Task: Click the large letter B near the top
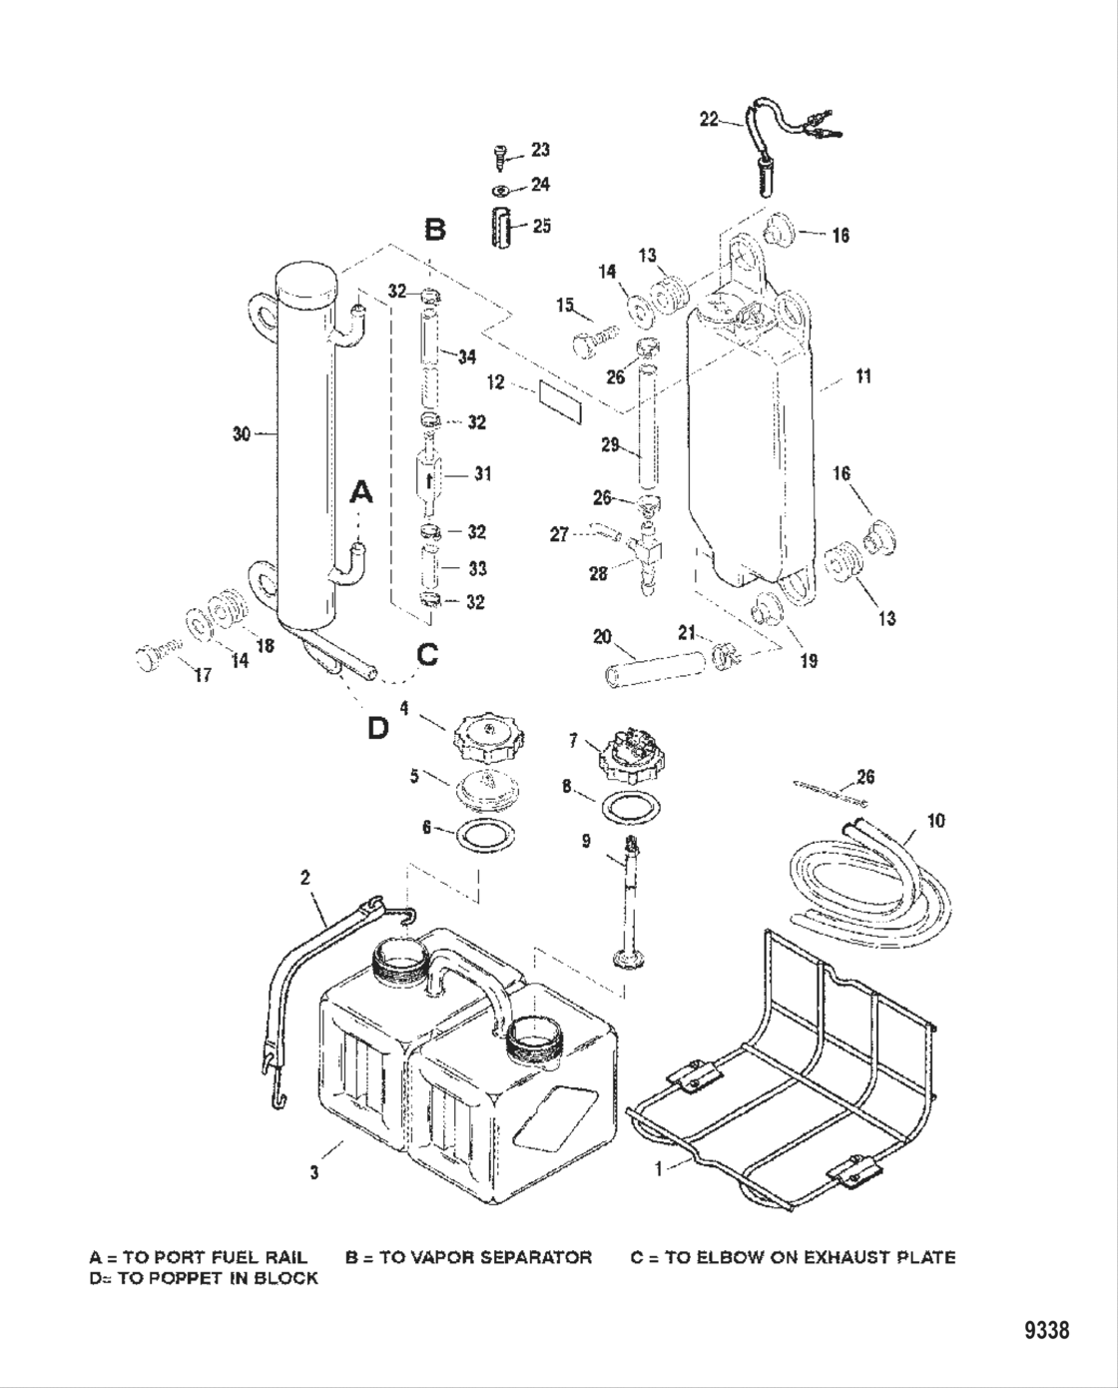tap(435, 231)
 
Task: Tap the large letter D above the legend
tap(377, 728)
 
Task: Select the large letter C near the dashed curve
tap(427, 654)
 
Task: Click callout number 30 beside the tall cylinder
tap(241, 434)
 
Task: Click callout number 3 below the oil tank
tap(314, 1173)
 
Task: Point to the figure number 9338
tap(1046, 1330)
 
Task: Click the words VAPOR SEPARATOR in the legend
tap(508, 1257)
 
